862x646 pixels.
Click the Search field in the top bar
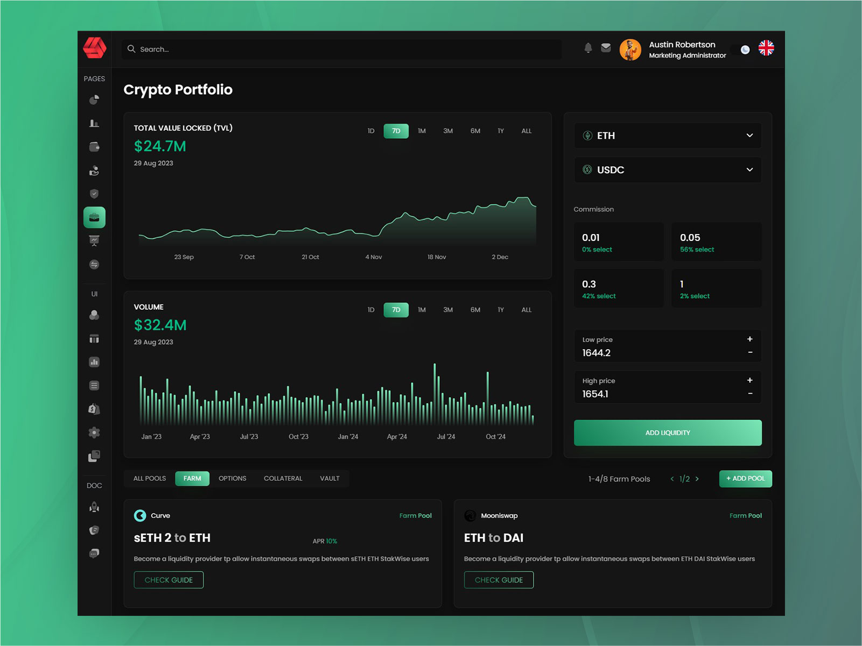pos(342,49)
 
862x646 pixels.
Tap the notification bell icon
pos(588,48)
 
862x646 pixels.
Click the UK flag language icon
pos(766,48)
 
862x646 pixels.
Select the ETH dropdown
pos(667,136)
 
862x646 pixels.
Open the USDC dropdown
pos(667,170)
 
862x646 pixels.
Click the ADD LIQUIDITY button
pos(667,433)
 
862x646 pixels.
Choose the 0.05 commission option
pos(716,242)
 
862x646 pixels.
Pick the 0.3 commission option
pos(618,289)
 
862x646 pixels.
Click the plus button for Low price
pos(749,339)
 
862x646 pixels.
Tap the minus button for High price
pos(750,394)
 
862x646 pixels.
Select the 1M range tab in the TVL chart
pos(422,131)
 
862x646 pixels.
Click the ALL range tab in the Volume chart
pos(526,310)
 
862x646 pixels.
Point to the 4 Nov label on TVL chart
pos(374,257)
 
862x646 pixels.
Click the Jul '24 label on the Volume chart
pos(446,437)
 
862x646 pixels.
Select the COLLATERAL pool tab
pos(283,479)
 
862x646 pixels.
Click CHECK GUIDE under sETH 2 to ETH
pos(169,580)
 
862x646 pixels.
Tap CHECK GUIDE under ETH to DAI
pos(499,580)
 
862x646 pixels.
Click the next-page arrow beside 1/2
pos(697,479)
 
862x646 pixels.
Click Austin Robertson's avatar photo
pos(630,49)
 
